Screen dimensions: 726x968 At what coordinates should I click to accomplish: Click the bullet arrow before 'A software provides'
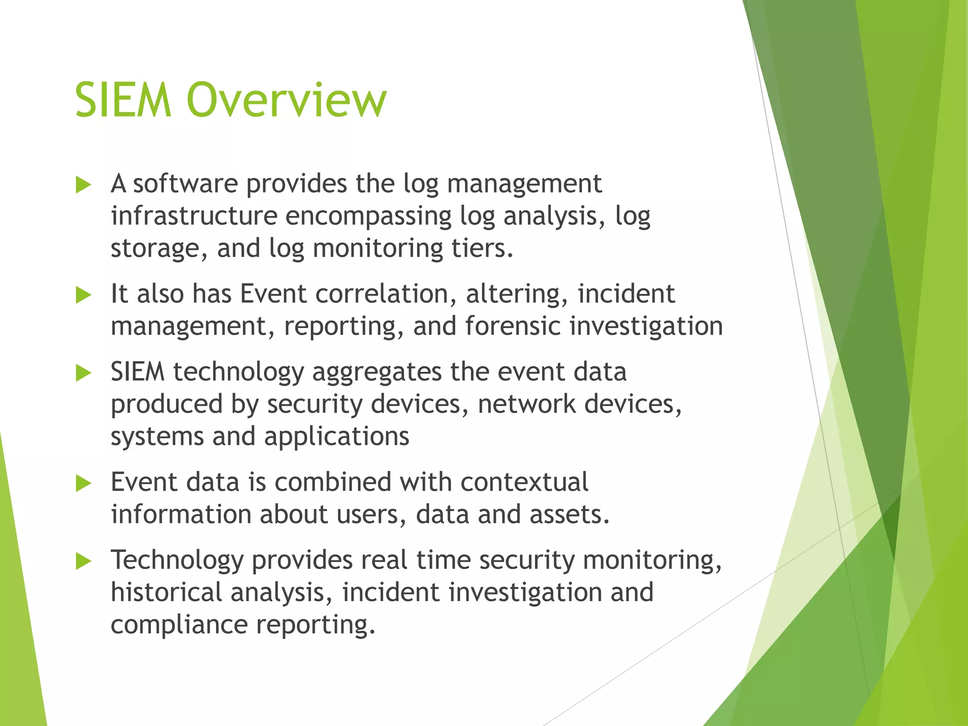click(x=83, y=185)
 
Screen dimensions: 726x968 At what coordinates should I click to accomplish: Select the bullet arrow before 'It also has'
click(x=83, y=295)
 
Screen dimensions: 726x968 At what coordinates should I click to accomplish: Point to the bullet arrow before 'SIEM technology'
click(x=83, y=373)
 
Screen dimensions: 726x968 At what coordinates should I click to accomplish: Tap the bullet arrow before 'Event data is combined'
click(x=83, y=484)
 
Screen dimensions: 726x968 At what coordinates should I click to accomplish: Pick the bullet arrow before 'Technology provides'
click(x=83, y=562)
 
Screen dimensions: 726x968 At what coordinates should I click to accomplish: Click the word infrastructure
click(x=194, y=216)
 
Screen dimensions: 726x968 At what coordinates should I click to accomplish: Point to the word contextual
click(x=524, y=483)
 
